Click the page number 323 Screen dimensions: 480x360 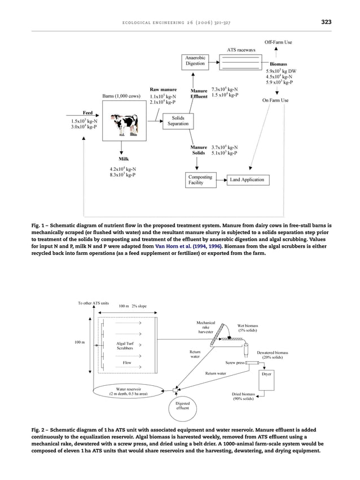pos(326,22)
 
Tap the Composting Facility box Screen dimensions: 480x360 pos(200,180)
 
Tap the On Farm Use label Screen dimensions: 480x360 pos(276,100)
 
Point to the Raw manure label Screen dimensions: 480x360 pos(163,89)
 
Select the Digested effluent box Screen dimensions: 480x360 pos(182,407)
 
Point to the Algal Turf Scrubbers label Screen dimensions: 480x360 pos(124,345)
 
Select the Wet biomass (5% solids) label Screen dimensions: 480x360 pos(248,328)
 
